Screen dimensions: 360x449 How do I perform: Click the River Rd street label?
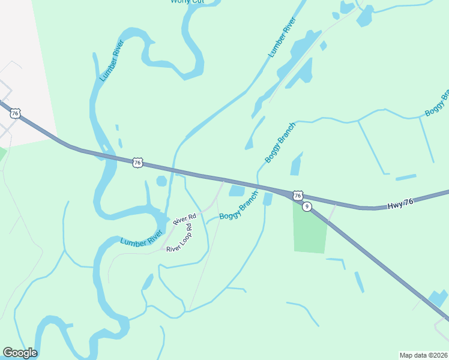[x=184, y=220]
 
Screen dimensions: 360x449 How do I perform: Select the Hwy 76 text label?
[x=400, y=204]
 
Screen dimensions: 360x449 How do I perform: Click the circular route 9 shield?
[x=307, y=206]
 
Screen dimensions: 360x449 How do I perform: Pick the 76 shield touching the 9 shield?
[x=297, y=196]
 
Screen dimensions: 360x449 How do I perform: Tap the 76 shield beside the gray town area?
[x=16, y=113]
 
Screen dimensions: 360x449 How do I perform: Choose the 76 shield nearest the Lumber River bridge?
[x=138, y=162]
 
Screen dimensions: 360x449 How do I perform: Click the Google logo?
[x=20, y=353]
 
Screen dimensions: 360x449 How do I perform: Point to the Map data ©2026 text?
[x=423, y=355]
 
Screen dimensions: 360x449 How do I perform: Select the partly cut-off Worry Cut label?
[x=187, y=2]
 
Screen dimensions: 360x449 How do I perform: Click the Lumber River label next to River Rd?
[x=142, y=237]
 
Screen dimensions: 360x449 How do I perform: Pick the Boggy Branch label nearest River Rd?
[x=238, y=206]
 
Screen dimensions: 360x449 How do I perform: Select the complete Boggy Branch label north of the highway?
[x=280, y=143]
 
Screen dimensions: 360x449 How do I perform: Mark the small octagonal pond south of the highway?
[x=161, y=181]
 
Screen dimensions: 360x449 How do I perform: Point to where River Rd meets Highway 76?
[x=224, y=180]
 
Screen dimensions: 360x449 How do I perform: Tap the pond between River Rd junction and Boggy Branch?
[x=237, y=191]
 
